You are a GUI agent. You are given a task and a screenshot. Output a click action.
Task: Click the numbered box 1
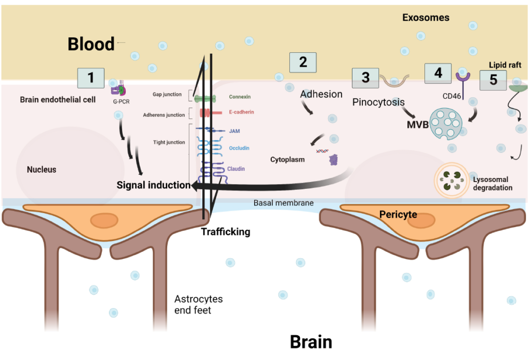click(91, 78)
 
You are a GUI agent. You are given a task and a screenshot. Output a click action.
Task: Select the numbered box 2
click(303, 63)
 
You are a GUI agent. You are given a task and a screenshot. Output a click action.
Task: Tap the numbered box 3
click(365, 78)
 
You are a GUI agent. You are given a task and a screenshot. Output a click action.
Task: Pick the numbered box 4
click(438, 73)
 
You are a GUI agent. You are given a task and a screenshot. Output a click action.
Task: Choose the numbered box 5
click(493, 80)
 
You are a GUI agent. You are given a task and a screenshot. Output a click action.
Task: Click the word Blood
click(91, 44)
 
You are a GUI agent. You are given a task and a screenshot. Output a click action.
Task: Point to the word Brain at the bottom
click(311, 342)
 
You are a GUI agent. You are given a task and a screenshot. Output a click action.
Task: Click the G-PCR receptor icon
click(119, 89)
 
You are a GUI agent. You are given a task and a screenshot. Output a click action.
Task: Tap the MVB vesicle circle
click(446, 124)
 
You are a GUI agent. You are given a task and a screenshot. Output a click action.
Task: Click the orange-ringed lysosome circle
click(452, 181)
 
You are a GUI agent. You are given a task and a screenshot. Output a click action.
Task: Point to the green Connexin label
click(240, 97)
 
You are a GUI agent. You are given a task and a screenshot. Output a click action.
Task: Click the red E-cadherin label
click(241, 112)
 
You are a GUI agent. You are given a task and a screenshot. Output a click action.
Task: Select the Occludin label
click(239, 148)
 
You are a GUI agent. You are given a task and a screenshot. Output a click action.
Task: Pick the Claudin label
click(236, 169)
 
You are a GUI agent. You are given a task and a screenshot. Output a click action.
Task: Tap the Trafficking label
click(226, 232)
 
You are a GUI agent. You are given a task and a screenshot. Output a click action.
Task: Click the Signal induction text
click(153, 185)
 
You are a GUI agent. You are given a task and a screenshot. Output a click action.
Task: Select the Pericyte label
click(398, 215)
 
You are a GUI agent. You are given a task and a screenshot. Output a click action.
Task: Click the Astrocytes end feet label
click(198, 304)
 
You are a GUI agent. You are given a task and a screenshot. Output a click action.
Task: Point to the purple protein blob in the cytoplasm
click(334, 160)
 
